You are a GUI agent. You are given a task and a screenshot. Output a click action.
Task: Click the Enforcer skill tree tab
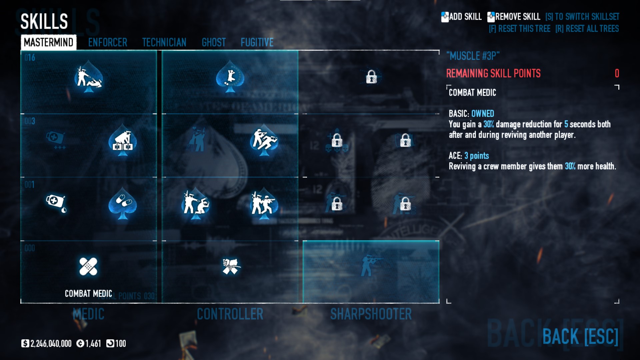pyautogui.click(x=107, y=42)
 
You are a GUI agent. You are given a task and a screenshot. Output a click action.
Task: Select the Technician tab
pyautogui.click(x=164, y=42)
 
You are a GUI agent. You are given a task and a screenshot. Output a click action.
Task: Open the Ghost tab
pyautogui.click(x=214, y=42)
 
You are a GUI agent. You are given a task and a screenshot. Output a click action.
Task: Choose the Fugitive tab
pyautogui.click(x=257, y=42)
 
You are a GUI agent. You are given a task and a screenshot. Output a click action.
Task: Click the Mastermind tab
pyautogui.click(x=49, y=42)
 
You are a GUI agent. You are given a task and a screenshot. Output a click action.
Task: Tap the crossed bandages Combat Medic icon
pyautogui.click(x=88, y=267)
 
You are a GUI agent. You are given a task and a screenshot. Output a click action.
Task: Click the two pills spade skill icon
pyautogui.click(x=123, y=203)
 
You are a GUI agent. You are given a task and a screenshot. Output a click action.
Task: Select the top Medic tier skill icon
pyautogui.click(x=88, y=77)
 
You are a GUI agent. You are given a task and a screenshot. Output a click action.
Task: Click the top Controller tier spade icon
pyautogui.click(x=230, y=77)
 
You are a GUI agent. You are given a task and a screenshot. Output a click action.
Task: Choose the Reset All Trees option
pyautogui.click(x=587, y=29)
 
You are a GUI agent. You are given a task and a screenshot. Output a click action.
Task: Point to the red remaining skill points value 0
pyautogui.click(x=617, y=73)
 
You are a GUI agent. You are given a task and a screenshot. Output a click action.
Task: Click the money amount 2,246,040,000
pyautogui.click(x=51, y=344)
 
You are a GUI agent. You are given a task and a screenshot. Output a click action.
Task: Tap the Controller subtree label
pyautogui.click(x=230, y=314)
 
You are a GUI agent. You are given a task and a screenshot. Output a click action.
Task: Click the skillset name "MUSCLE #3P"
pyautogui.click(x=473, y=56)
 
